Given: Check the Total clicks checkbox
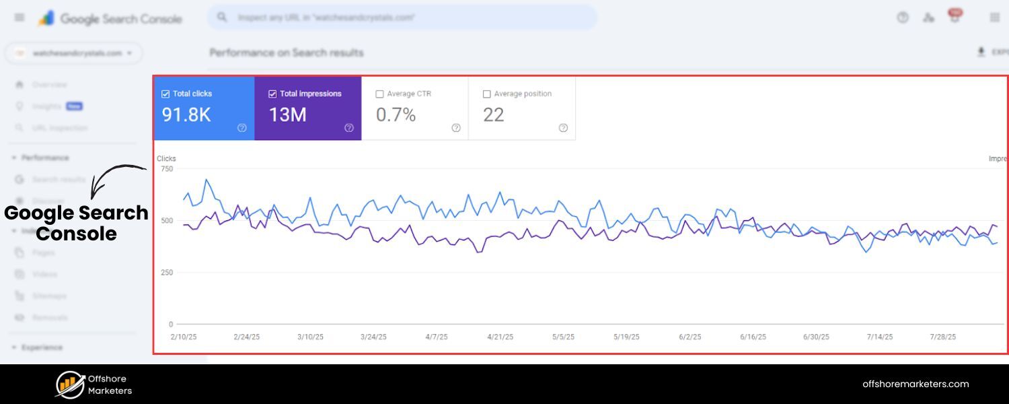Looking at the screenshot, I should pos(165,94).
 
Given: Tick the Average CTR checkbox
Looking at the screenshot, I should pos(380,94).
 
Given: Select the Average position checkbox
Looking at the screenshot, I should pos(487,94).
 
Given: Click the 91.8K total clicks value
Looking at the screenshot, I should pos(186,115).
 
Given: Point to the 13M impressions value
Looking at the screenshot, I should pos(288,115).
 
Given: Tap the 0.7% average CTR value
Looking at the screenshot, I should pos(396,115).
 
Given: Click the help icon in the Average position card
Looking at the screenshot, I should pos(563,128).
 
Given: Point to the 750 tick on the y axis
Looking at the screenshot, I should pos(166,169).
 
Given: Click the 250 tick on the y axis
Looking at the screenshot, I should pos(166,273).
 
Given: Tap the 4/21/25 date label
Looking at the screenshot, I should pos(500,337).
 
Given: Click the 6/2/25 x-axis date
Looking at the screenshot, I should pos(690,337).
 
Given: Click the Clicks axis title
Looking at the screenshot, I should pos(166,159).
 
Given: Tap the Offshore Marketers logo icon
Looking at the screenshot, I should pos(69,384).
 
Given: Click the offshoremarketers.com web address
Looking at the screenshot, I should pos(915,384).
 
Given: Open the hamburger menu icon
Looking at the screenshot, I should pos(20,18).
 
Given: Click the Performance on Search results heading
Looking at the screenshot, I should pos(287,53).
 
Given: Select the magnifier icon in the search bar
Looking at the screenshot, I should pos(223,18).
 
